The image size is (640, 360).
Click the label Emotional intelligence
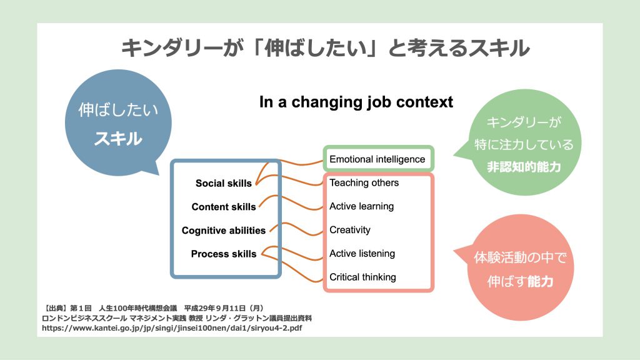point(377,159)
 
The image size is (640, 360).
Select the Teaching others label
point(364,183)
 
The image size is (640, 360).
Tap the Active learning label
point(362,206)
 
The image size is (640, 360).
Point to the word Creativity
point(350,230)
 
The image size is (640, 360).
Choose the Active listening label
point(362,254)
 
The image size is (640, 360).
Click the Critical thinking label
point(362,277)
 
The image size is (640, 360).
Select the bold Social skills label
point(224,183)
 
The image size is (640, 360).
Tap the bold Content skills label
point(224,207)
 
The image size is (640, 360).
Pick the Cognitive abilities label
point(224,231)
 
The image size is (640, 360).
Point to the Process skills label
point(224,254)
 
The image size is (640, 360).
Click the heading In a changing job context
point(356,102)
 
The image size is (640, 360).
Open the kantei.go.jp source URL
point(172,327)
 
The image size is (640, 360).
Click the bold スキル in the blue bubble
point(118,139)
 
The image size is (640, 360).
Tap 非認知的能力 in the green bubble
point(524,167)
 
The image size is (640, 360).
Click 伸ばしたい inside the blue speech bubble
point(118,110)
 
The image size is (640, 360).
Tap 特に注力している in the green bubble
point(524,144)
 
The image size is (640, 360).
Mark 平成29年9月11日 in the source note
point(215,308)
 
